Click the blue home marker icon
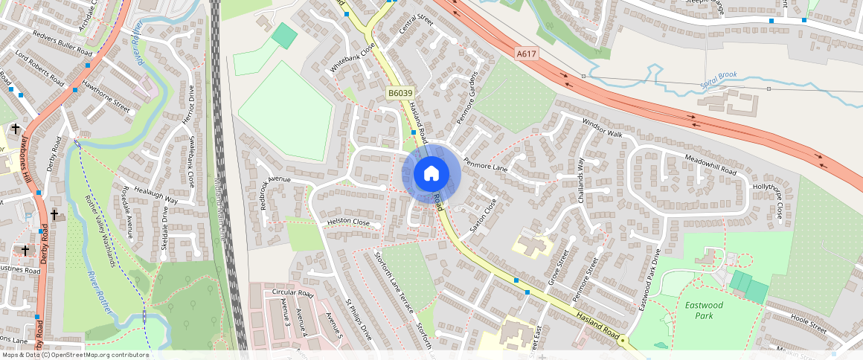pyautogui.click(x=431, y=174)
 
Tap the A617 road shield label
pyautogui.click(x=526, y=54)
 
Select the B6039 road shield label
pyautogui.click(x=400, y=93)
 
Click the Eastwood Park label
pyautogui.click(x=699, y=310)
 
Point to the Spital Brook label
pyautogui.click(x=718, y=85)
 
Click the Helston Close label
pyautogui.click(x=348, y=222)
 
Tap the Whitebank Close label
pyautogui.click(x=353, y=58)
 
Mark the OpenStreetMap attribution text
pyautogui.click(x=74, y=355)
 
